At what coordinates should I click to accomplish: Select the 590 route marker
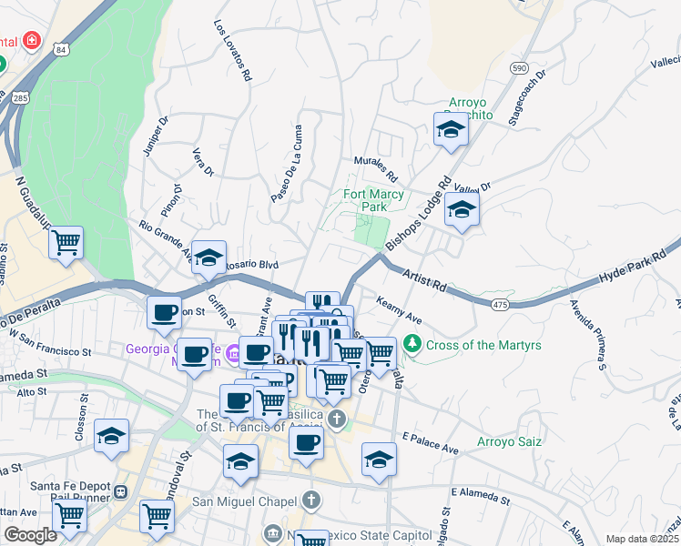coord(519,68)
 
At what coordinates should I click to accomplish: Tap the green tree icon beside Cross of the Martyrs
coord(413,343)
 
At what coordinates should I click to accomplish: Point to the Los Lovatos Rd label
coord(232,51)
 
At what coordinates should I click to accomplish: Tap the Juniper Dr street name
coord(154,135)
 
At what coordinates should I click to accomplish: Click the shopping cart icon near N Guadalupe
coord(66,243)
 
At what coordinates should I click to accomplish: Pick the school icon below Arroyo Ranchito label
coord(450,130)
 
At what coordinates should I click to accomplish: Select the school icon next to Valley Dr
coord(462,209)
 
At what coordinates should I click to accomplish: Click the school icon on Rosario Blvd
coord(208,257)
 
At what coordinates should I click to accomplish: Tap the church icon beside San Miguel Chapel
coord(311,500)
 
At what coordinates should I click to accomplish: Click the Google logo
coord(30,535)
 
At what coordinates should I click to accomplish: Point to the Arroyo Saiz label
coord(510,442)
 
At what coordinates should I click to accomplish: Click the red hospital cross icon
coord(32,41)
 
